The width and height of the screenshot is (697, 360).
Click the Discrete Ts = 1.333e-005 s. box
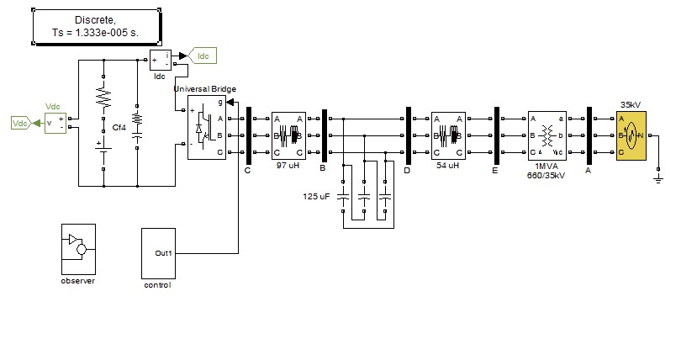point(97,27)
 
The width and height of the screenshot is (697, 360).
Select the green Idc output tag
point(203,56)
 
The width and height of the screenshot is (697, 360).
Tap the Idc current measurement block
point(160,60)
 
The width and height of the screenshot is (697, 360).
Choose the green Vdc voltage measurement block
point(55,123)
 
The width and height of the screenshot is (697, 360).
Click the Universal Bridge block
point(207,127)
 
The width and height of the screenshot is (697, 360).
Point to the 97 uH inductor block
point(288,135)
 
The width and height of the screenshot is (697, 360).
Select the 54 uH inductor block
point(448,135)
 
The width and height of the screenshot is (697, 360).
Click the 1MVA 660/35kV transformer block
point(547,135)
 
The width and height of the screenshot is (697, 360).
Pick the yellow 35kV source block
point(631,135)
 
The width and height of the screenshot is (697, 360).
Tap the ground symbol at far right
point(658,179)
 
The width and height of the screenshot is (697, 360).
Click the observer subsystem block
point(78,249)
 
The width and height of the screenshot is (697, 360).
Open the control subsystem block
point(158,253)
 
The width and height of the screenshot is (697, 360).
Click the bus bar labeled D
point(409,135)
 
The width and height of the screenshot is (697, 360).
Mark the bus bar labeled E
point(497,135)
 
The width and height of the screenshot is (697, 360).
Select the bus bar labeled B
point(325,135)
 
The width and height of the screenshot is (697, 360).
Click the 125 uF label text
point(316,196)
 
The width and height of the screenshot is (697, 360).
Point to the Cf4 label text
point(119,128)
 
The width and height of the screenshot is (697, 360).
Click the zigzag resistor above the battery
point(103,97)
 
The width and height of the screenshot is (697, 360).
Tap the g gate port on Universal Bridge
point(220,103)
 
